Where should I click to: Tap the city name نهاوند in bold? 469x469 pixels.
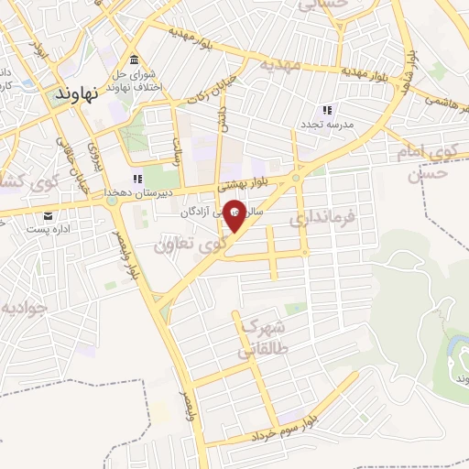tap(75, 94)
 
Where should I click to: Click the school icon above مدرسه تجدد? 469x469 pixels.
tap(327, 110)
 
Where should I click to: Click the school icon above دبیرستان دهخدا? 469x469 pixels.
tap(137, 179)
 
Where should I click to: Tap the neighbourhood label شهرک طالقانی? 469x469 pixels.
tap(263, 336)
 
